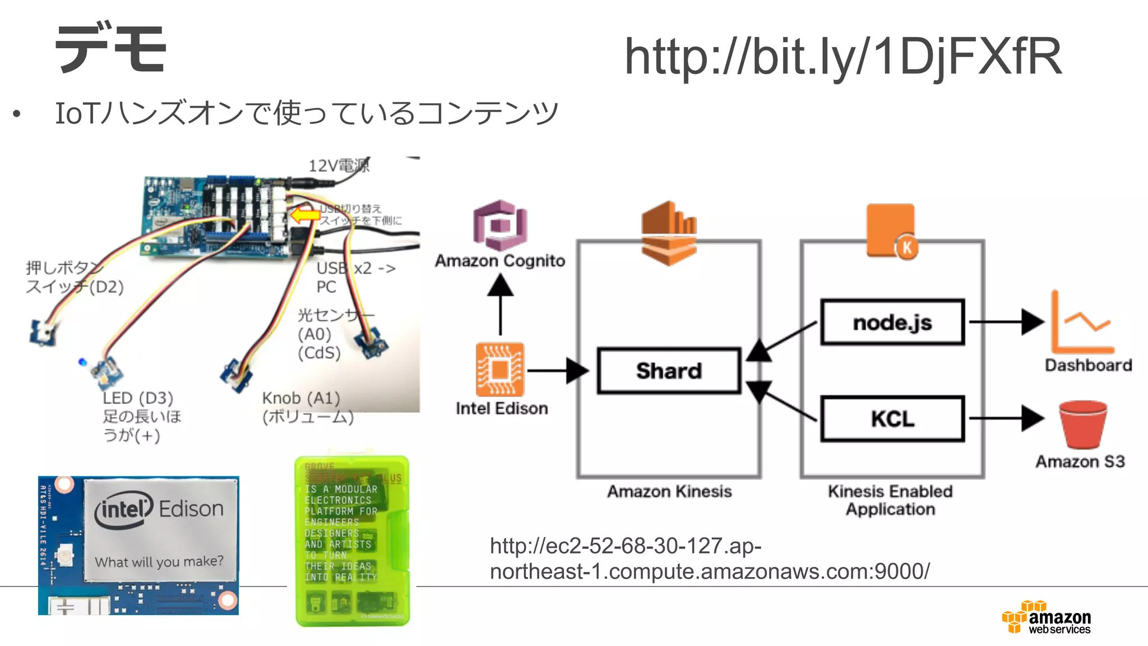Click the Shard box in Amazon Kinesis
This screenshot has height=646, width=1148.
coord(669,371)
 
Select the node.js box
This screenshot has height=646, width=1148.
coord(892,322)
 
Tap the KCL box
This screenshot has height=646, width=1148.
coord(892,419)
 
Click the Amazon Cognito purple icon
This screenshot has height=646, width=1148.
coord(500,225)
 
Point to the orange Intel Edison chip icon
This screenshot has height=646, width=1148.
coord(500,370)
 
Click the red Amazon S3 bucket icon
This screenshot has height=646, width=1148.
coord(1082,424)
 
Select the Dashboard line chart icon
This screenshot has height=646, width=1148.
coord(1082,322)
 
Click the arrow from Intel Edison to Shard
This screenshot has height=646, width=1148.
coord(557,371)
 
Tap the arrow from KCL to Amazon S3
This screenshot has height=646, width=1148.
coord(1007,418)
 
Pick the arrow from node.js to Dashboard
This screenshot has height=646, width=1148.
coord(1007,322)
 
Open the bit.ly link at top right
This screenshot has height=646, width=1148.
coord(843,56)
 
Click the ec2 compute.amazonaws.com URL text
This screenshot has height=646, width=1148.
coord(709,559)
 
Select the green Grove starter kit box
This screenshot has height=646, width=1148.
coord(352,541)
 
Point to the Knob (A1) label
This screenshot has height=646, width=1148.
coord(302,398)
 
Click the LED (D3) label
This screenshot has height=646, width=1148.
coord(138,398)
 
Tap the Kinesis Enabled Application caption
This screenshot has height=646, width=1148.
coord(890,500)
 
